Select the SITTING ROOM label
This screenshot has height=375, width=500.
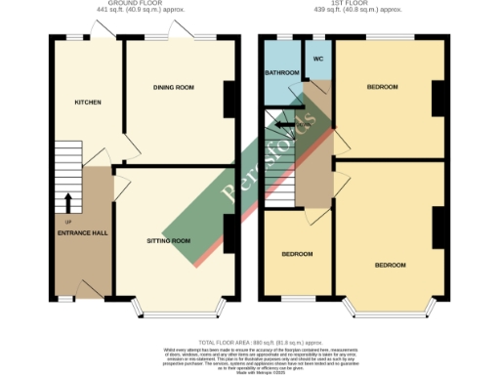point(168,239)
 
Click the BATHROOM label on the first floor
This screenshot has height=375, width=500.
point(282,73)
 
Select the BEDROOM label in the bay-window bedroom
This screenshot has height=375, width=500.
point(390,265)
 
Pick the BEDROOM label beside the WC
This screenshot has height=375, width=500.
point(382,87)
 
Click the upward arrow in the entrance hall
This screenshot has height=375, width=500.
point(67,202)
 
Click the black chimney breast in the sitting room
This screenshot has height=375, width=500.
point(229,230)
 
